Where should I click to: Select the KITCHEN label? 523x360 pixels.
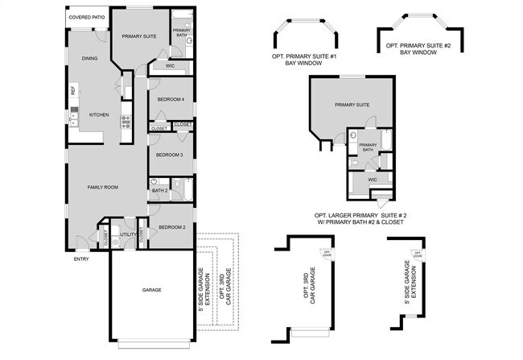[x=98, y=114]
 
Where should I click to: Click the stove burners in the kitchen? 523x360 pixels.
[x=126, y=122]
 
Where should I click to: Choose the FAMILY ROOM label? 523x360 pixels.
[x=102, y=187]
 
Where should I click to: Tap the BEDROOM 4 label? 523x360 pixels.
[x=171, y=99]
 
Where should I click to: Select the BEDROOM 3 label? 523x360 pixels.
[x=170, y=155]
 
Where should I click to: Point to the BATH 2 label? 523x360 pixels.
[x=159, y=191]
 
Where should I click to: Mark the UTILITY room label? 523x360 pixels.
[x=127, y=234]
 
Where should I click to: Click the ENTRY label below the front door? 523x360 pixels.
[x=81, y=259]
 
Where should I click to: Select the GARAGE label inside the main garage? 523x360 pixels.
[x=152, y=290]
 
